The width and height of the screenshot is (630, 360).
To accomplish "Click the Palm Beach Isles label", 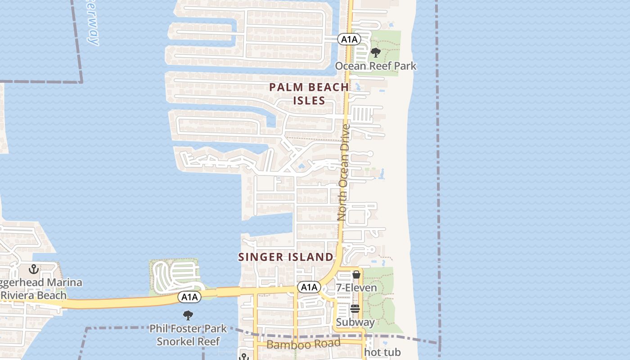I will click(309, 94).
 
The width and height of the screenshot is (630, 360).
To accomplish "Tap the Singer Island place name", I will click(286, 257).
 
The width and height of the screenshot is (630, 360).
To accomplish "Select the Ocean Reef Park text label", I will click(375, 66).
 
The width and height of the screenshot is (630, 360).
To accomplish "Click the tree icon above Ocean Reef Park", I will click(375, 53).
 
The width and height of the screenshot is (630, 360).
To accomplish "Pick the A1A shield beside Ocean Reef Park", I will click(349, 40).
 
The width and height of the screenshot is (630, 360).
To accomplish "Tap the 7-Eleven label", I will click(356, 288).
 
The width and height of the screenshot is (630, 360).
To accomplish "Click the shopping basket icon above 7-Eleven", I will click(356, 274).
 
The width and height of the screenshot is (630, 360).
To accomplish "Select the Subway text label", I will click(355, 322).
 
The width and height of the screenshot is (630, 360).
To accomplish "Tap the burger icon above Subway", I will click(355, 309).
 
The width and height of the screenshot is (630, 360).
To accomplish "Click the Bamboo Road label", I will click(303, 344).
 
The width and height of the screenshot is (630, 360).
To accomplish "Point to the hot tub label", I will click(382, 352).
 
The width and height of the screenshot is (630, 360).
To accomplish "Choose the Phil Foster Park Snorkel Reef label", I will click(188, 335).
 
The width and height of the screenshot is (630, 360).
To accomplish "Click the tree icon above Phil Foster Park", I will click(188, 315).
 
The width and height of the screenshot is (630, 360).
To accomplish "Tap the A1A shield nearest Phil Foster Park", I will click(189, 297).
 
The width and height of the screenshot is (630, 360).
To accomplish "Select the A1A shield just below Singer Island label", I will click(309, 287).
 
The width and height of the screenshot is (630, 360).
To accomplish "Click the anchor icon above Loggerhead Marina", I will click(33, 270).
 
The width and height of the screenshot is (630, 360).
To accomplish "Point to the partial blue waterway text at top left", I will click(91, 22).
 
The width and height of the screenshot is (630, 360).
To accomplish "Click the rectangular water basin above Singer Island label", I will click(270, 224).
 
